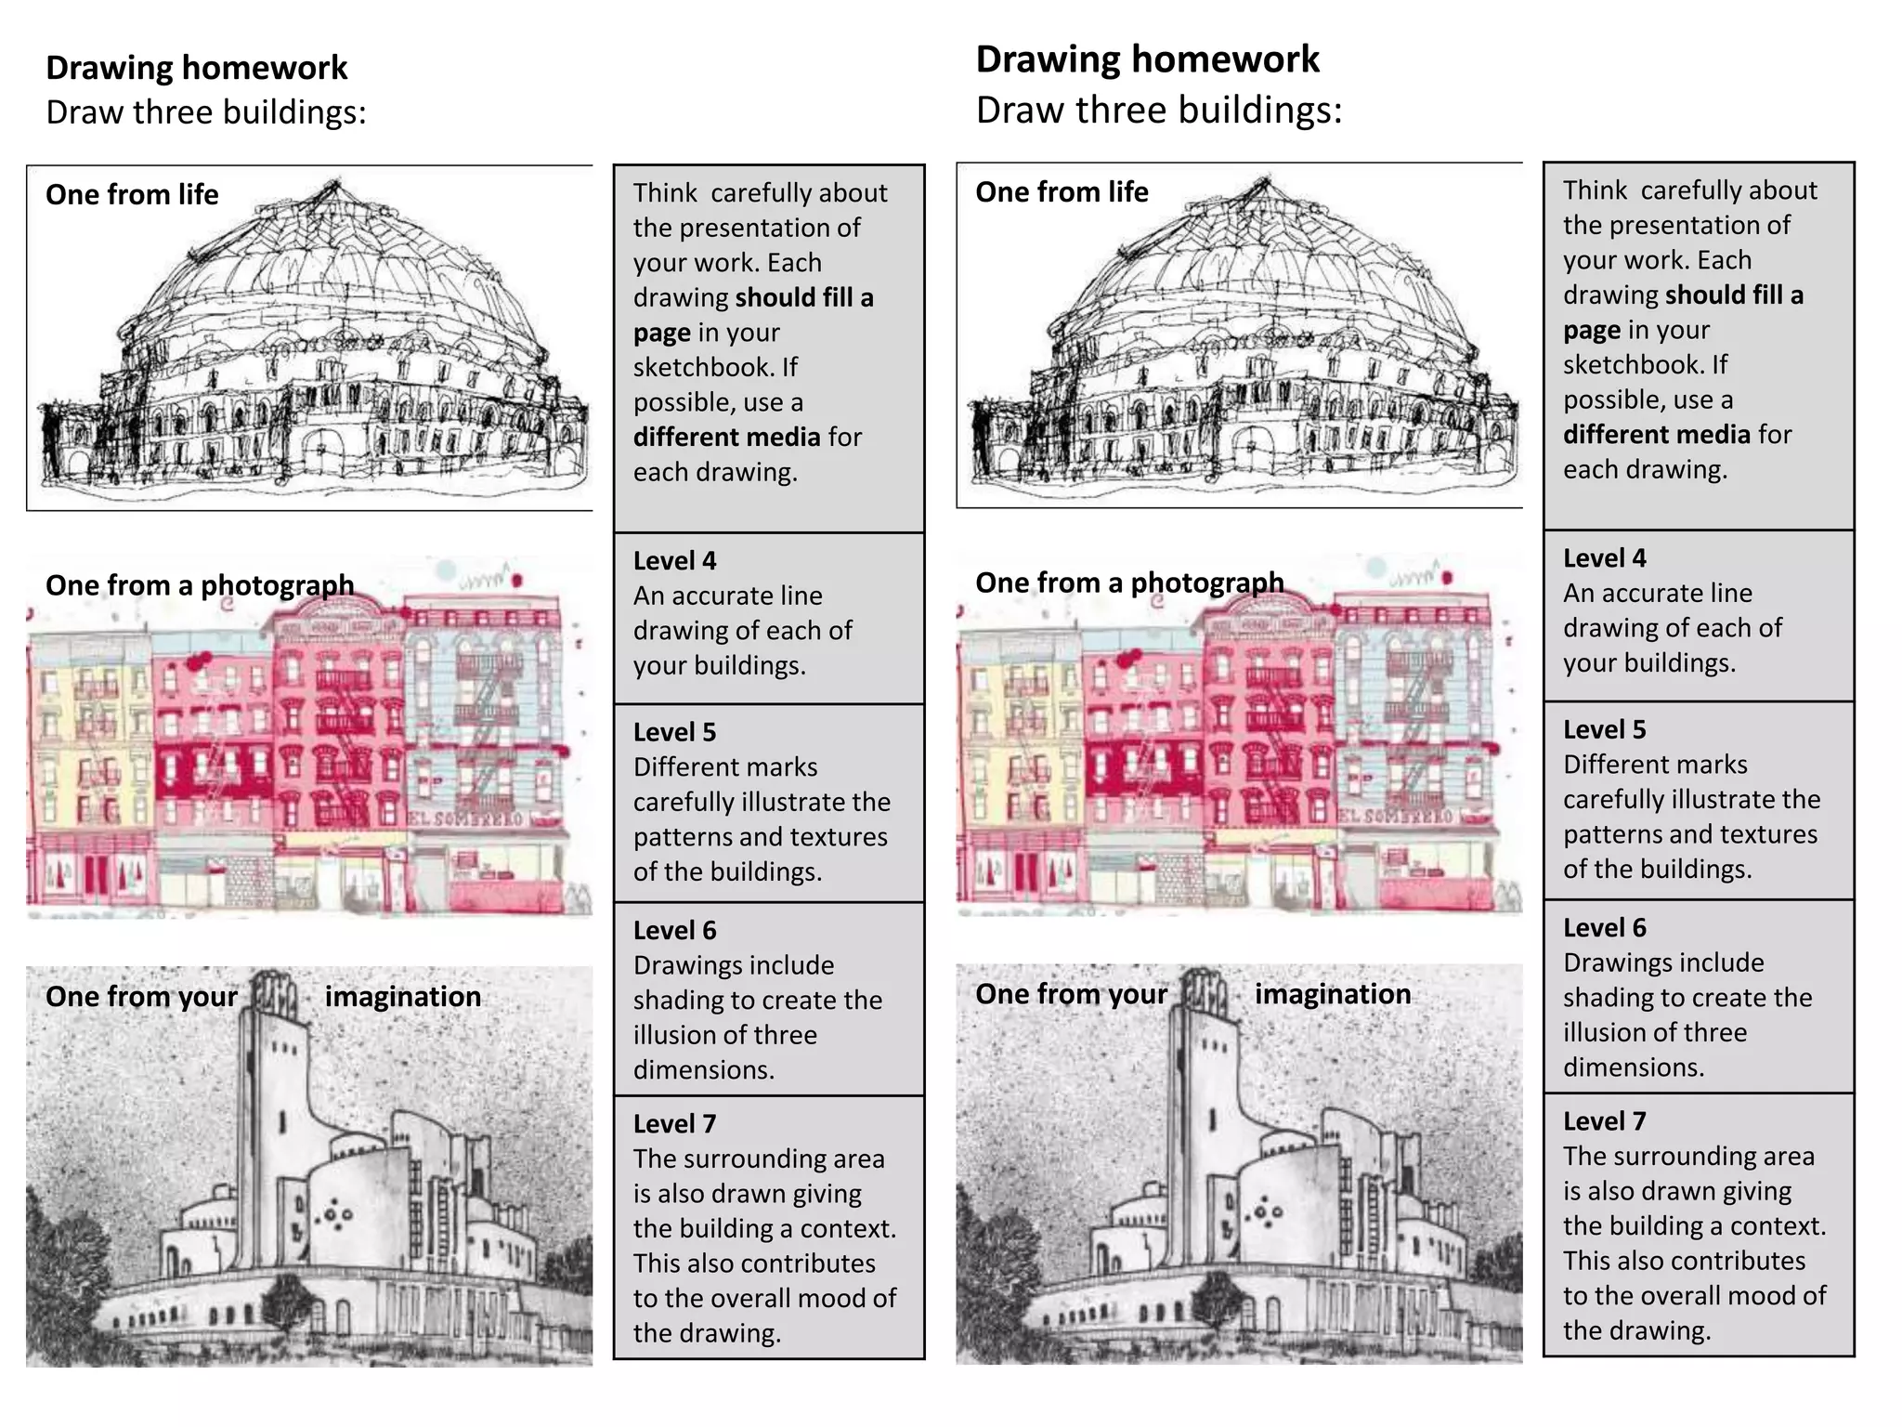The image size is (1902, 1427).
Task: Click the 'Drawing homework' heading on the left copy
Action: pos(196,68)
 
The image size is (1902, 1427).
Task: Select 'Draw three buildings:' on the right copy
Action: pos(1158,111)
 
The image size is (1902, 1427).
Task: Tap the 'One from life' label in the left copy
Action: pos(132,195)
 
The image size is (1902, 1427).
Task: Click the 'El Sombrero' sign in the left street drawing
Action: pos(466,818)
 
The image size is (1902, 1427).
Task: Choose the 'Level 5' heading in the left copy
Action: pos(674,732)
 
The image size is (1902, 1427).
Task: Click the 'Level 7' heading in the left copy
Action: pos(674,1124)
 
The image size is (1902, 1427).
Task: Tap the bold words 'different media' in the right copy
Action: pos(1656,435)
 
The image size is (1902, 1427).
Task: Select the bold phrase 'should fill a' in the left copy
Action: pos(804,298)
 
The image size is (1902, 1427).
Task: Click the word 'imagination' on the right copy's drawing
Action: pos(1332,994)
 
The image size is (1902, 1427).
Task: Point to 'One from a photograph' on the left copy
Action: pos(200,585)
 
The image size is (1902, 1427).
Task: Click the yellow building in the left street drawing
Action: pos(88,734)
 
